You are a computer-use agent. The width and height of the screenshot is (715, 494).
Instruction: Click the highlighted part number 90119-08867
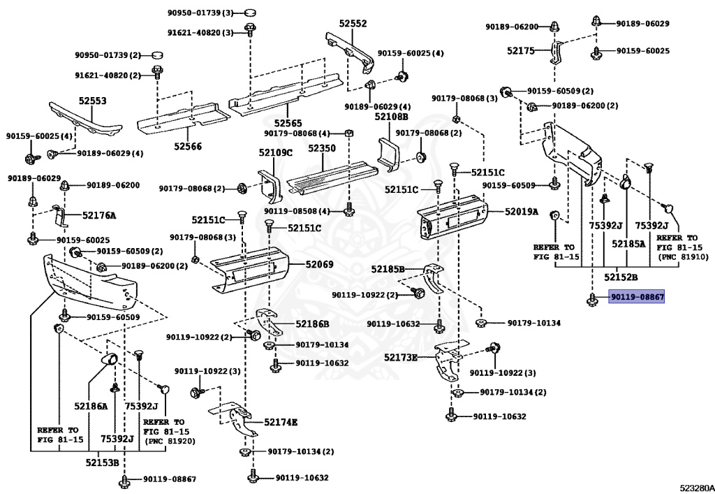pos(636,297)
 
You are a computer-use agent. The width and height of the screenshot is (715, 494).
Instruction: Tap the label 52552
pos(353,23)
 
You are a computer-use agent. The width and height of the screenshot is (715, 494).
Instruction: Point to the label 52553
pos(92,101)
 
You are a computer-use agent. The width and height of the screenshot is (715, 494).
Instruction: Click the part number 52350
pos(322,149)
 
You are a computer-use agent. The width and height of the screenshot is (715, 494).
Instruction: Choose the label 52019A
pos(522,211)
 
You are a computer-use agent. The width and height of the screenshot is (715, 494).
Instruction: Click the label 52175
pos(520,50)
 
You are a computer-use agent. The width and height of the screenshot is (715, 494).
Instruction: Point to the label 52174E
pos(281,422)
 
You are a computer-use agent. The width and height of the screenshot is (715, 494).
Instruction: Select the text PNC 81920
pos(170,441)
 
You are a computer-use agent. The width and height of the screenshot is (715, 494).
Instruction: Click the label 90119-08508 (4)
pos(303,210)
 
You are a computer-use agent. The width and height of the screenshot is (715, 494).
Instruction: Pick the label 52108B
pos(391,117)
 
